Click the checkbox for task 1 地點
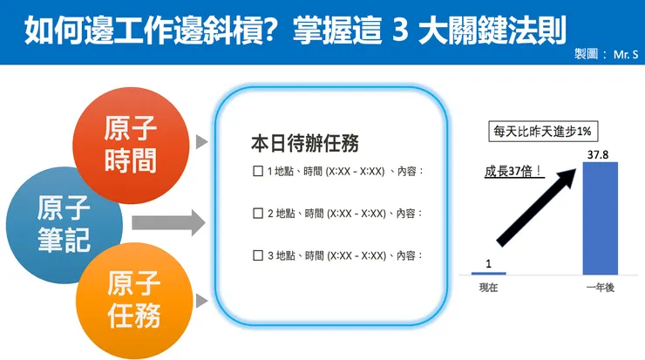[x=257, y=171]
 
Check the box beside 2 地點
[x=257, y=213]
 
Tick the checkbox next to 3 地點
[x=257, y=255]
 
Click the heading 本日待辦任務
[x=304, y=142]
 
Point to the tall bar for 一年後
[x=599, y=219]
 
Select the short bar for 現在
[x=488, y=273]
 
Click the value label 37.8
[x=599, y=155]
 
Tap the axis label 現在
[x=488, y=288]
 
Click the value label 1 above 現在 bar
[x=488, y=262]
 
